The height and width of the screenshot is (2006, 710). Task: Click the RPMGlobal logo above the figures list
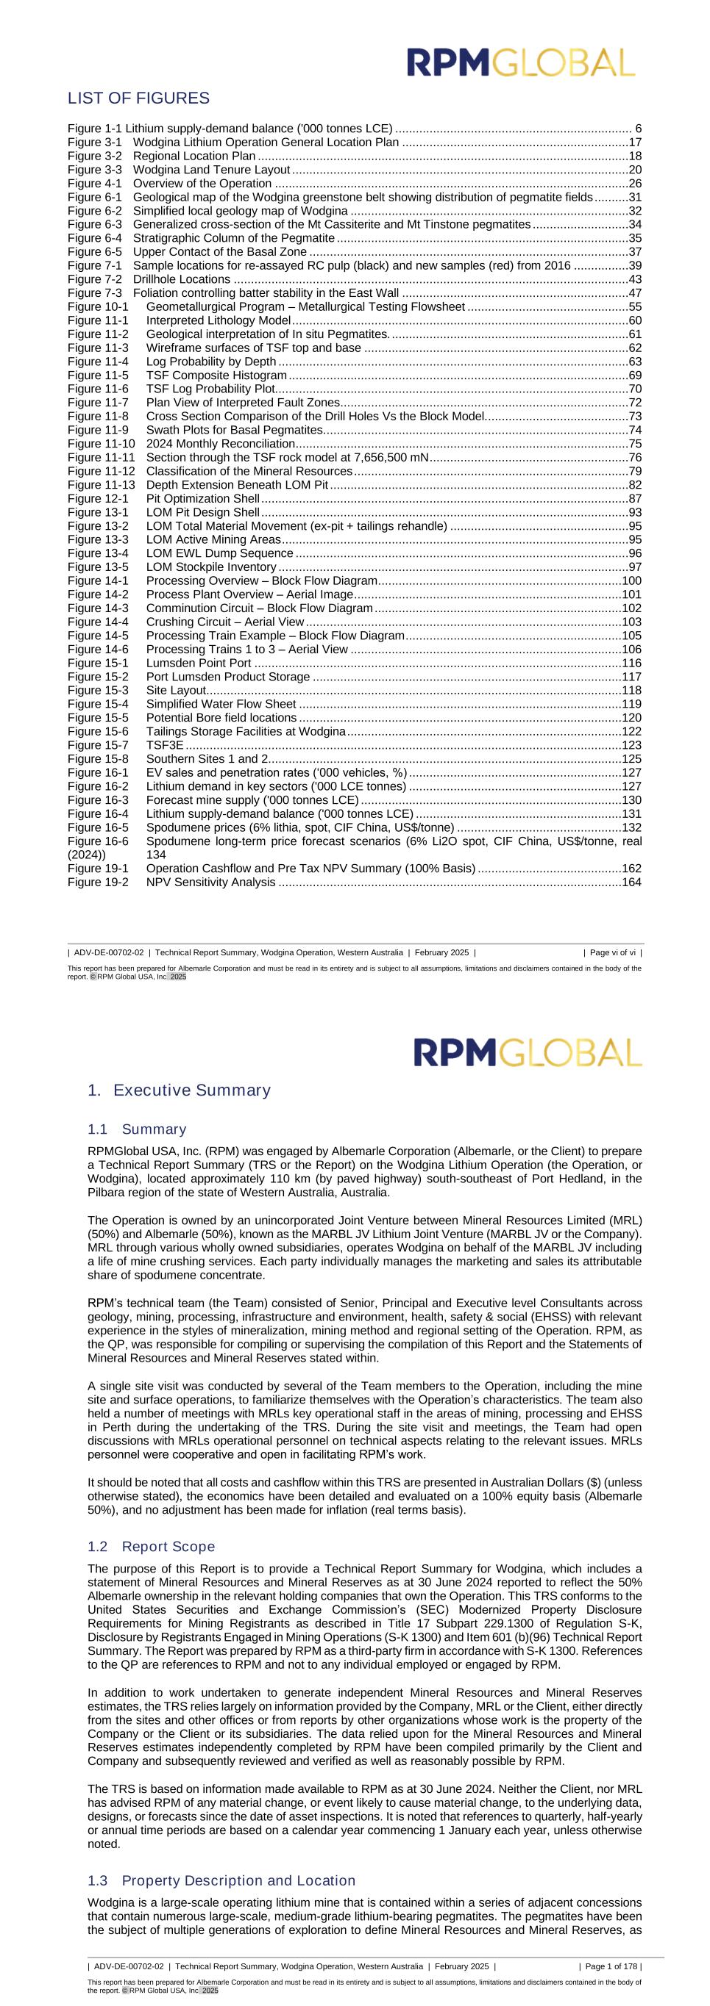pos(521,62)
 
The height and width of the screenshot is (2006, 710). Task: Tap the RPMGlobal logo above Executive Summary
pos(528,1052)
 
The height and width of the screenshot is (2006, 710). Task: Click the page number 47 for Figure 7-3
pos(634,292)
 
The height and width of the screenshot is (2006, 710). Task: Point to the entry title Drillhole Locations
pos(182,279)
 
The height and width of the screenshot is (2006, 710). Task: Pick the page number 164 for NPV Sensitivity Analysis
pos(631,882)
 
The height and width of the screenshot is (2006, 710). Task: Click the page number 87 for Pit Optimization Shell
pos(634,498)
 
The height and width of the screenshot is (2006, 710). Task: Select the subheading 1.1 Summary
pos(137,1129)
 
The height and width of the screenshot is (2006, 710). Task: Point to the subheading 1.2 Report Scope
pos(151,1546)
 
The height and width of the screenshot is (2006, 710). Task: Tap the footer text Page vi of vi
pos(613,952)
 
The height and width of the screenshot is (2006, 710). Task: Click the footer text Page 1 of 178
pos(610,1966)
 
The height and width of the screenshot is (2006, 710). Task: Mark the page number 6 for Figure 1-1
pos(639,129)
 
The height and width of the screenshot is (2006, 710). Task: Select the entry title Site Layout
pos(176,691)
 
